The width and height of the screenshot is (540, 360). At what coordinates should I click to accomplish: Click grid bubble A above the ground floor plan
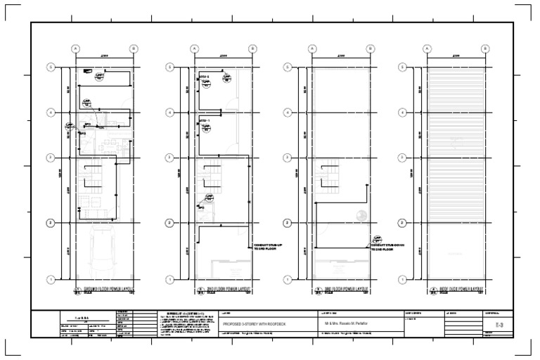tap(75, 48)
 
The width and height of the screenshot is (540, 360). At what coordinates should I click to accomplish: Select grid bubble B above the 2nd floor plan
tap(252, 48)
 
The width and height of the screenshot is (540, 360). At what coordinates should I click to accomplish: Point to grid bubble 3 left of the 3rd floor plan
tap(285, 157)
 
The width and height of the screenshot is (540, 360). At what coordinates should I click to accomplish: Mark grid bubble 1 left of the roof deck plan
tap(403, 278)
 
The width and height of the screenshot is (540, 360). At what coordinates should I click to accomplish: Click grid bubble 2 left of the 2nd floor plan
tap(169, 223)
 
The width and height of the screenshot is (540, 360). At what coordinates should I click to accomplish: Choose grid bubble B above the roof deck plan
tap(485, 48)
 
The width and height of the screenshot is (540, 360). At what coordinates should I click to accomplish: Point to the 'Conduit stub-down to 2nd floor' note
tap(385, 247)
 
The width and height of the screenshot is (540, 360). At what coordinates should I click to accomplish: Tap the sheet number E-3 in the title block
tap(499, 326)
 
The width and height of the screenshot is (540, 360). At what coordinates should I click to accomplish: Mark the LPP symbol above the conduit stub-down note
tap(377, 239)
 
